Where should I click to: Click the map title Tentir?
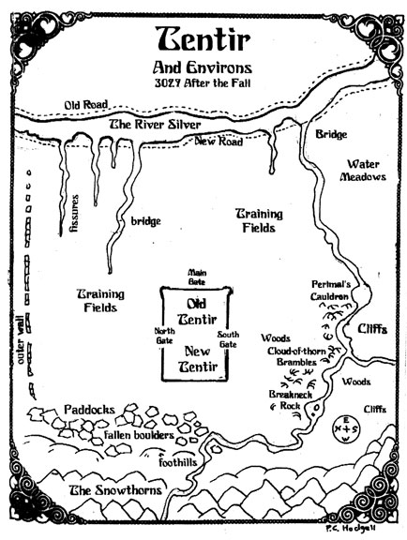[203, 38]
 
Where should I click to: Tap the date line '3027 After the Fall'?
[203, 83]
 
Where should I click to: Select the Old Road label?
[86, 105]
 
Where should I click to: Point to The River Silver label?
[155, 125]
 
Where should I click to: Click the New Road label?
[219, 142]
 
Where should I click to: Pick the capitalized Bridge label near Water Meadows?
[331, 134]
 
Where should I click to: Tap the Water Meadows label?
[363, 170]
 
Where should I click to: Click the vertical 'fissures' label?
[74, 213]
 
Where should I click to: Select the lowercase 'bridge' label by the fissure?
[145, 221]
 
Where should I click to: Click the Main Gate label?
[197, 277]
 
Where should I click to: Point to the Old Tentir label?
[197, 311]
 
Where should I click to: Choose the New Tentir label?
[198, 359]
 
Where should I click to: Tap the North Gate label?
[164, 336]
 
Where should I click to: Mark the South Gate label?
[228, 339]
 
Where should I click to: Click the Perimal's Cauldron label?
[331, 291]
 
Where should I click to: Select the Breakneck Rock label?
[291, 399]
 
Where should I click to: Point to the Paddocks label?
[90, 410]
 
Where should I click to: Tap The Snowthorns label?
[115, 490]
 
